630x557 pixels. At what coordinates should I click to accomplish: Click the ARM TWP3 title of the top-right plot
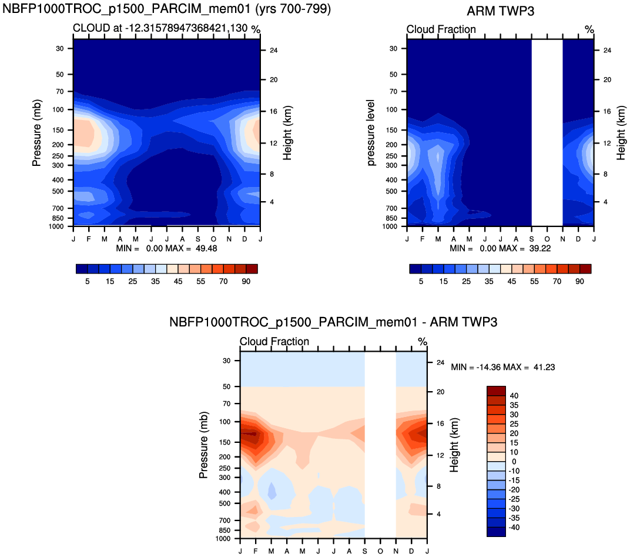500,11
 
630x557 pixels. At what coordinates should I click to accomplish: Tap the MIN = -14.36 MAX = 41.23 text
503,367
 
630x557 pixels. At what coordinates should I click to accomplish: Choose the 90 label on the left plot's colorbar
246,282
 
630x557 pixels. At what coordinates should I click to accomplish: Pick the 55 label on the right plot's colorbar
535,282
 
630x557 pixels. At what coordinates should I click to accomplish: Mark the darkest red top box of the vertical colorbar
496,391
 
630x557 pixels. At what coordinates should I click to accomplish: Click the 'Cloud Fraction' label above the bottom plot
274,342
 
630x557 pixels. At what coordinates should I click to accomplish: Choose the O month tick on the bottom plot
380,551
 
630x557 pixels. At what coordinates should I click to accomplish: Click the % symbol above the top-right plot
589,29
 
